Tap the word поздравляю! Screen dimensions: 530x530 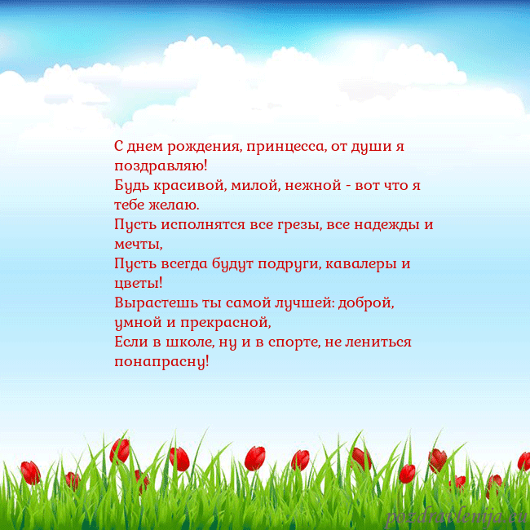161,166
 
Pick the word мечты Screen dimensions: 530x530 139,244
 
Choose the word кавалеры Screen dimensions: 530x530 364,263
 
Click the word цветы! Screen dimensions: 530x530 139,283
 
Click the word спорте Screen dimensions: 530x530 289,342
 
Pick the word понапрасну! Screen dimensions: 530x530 161,361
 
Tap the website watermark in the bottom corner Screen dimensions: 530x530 457,516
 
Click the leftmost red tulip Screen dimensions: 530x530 31,472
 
